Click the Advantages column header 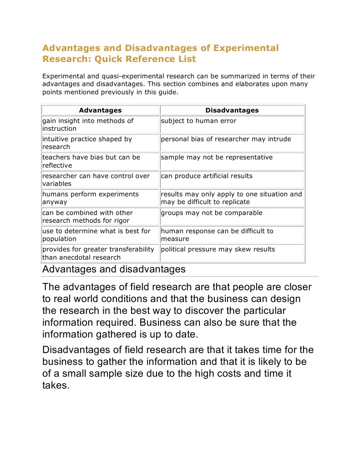(x=100, y=110)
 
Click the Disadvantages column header (x=232, y=110)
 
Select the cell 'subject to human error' (x=198, y=121)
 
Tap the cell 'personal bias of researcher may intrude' (x=226, y=139)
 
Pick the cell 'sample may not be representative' (x=217, y=157)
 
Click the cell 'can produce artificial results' (x=207, y=176)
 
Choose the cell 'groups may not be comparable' (x=212, y=213)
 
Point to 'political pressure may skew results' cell (x=218, y=249)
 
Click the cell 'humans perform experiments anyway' (x=91, y=198)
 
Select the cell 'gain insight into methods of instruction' (x=88, y=124)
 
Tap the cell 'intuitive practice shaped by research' (x=87, y=143)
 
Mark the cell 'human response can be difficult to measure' (x=217, y=235)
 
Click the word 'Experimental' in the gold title (x=239, y=48)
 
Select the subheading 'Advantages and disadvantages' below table (x=114, y=269)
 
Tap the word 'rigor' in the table (x=120, y=220)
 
